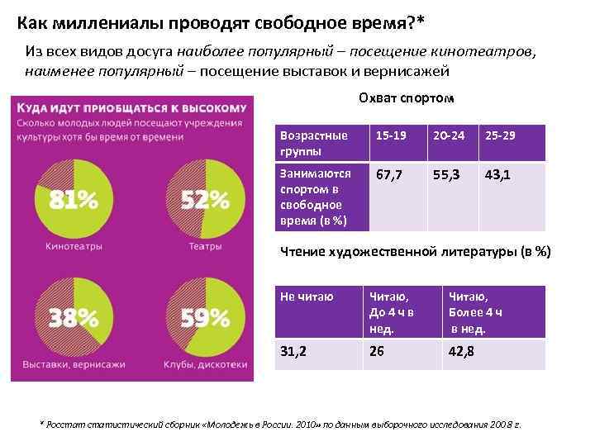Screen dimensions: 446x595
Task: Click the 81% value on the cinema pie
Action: (74, 200)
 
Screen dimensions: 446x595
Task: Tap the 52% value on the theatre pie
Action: (205, 200)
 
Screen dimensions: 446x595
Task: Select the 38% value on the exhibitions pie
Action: (74, 318)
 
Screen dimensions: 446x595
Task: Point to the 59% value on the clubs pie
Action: (205, 318)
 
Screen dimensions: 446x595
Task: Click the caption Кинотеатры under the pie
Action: (74, 245)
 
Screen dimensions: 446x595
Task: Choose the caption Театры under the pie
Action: (204, 245)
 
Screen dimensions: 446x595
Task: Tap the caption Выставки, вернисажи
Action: (74, 364)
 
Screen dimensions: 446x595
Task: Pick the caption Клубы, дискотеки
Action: (205, 364)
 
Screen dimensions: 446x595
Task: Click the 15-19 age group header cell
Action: (391, 135)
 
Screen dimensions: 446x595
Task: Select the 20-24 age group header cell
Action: (448, 135)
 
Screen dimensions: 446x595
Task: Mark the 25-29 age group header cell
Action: (501, 135)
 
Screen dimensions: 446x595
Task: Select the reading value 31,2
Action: (293, 351)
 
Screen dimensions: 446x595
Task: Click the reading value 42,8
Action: (464, 351)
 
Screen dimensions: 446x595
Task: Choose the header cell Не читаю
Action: (307, 297)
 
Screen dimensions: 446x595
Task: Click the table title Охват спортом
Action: (406, 98)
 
